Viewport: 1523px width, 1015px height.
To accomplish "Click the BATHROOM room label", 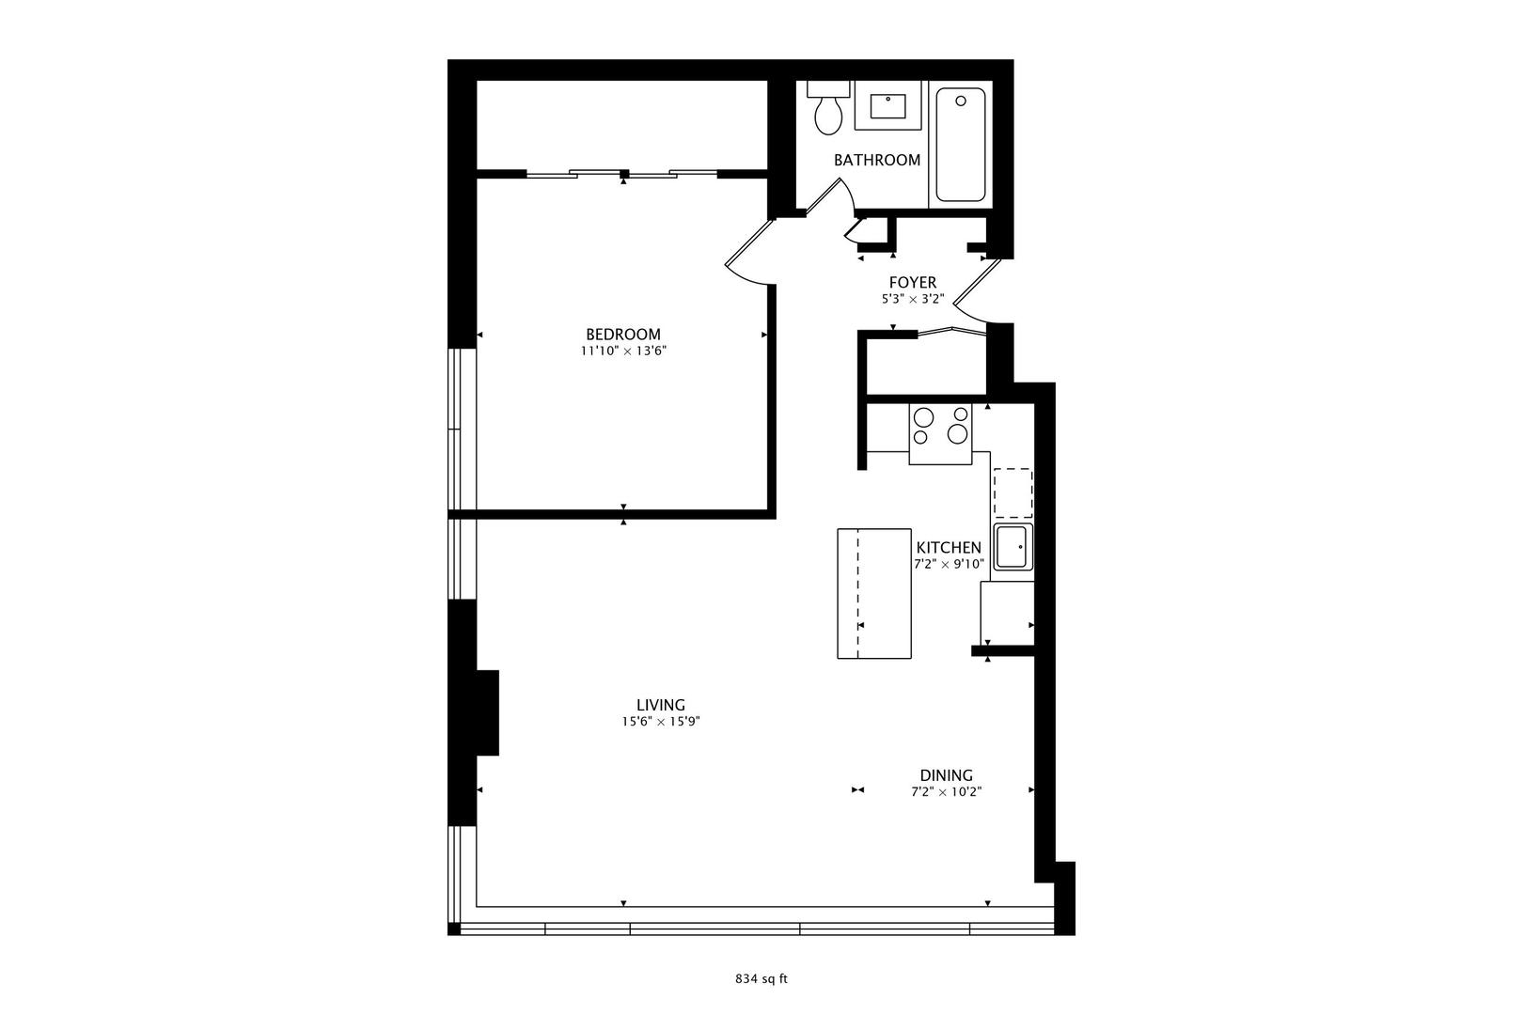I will [876, 160].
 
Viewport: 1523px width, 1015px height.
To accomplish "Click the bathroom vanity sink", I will [888, 105].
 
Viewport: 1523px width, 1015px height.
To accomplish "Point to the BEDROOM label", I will [622, 335].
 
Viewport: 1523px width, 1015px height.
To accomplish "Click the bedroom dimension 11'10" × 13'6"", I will [622, 351].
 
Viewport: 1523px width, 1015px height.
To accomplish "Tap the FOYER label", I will [912, 283].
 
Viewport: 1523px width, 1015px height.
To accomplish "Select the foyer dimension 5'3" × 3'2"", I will [912, 300].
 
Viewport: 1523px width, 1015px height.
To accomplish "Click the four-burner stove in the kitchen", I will [940, 426].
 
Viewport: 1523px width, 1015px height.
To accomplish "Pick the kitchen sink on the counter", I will [1013, 547].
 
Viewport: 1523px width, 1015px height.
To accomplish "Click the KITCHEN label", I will [949, 548].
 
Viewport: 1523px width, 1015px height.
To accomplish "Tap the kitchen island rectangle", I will [874, 593].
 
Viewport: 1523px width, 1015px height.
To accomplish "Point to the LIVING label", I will [660, 705].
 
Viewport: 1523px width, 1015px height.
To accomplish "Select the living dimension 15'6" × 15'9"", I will [660, 722].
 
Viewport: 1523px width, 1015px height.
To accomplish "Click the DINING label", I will [946, 775].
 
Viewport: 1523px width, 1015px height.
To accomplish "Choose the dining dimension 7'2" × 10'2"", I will [946, 791].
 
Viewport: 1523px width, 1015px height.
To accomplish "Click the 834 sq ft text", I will [761, 978].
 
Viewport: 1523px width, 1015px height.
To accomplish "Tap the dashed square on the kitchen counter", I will [1013, 492].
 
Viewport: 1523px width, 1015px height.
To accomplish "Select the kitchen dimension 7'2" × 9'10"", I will [949, 565].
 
